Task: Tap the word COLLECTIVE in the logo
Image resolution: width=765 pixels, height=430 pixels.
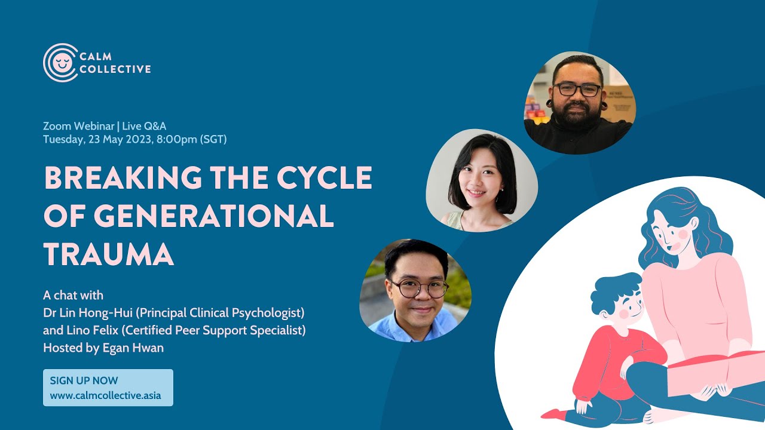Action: pyautogui.click(x=115, y=69)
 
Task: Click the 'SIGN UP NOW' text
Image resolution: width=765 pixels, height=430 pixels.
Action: pyautogui.click(x=84, y=380)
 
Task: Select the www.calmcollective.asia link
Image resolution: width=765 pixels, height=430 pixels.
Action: pyautogui.click(x=105, y=395)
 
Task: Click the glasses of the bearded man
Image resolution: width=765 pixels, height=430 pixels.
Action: pyautogui.click(x=577, y=90)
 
